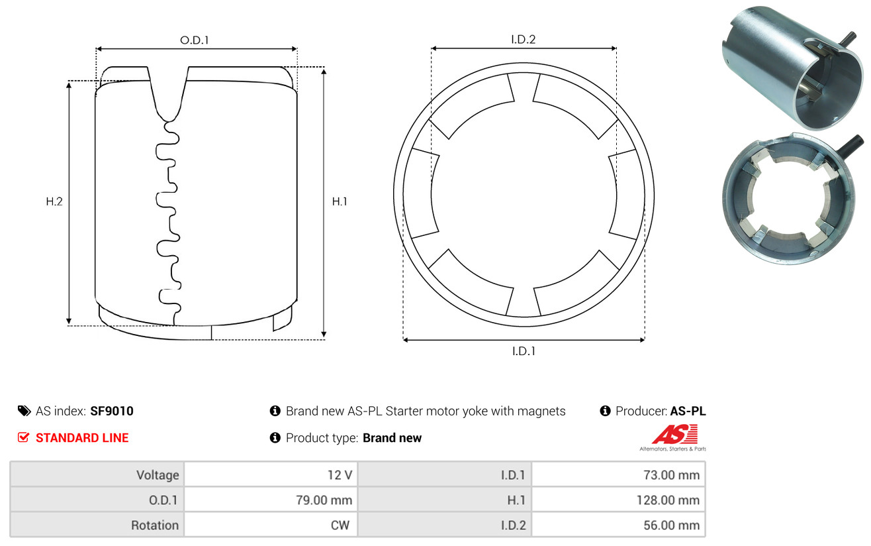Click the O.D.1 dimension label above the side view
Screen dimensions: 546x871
click(195, 40)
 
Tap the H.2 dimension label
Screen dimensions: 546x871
click(54, 201)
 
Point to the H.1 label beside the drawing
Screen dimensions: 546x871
click(340, 201)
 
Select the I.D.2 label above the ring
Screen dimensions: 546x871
click(523, 39)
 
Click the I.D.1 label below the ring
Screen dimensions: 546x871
click(523, 351)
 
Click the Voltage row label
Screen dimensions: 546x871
click(158, 475)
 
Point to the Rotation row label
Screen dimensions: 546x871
click(154, 525)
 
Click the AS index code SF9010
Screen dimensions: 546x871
click(112, 411)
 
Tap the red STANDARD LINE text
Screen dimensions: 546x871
click(82, 438)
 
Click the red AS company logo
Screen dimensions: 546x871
click(674, 435)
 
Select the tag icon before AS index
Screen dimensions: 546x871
click(24, 411)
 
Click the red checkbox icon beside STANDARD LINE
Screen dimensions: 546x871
click(24, 437)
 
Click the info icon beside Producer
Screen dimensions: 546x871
click(605, 411)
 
